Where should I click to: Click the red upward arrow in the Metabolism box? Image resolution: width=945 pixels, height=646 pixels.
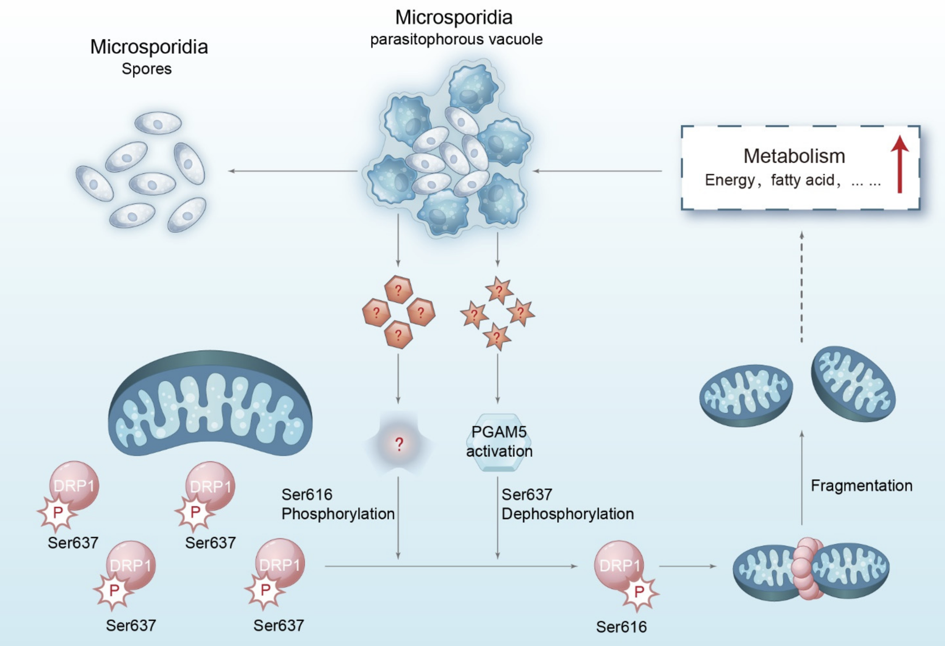tap(900, 165)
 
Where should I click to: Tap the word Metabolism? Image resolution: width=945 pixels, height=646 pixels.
tap(794, 156)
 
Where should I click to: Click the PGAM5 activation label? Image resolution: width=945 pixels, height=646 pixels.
tap(499, 442)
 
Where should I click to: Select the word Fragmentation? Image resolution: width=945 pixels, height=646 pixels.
tap(861, 486)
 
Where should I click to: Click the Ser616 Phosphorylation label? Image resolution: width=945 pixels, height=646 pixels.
tap(337, 504)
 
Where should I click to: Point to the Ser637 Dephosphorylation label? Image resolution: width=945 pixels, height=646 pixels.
tap(567, 504)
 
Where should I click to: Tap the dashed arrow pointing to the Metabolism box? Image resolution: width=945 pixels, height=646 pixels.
tap(802, 287)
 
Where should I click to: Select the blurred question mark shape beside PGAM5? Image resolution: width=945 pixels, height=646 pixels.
tap(399, 444)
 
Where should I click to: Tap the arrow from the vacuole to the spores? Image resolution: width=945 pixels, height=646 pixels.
tap(292, 171)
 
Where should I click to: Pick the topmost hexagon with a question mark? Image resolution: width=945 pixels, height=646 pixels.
tap(399, 289)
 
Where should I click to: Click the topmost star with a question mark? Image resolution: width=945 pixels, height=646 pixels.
tap(499, 290)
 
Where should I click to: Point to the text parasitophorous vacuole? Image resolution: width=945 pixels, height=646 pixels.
tap(456, 39)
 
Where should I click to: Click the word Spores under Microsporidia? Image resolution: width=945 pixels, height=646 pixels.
tap(147, 68)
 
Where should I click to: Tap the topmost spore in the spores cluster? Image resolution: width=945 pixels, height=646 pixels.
tap(158, 123)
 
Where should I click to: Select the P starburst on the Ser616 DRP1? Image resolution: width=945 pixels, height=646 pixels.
tap(639, 592)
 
